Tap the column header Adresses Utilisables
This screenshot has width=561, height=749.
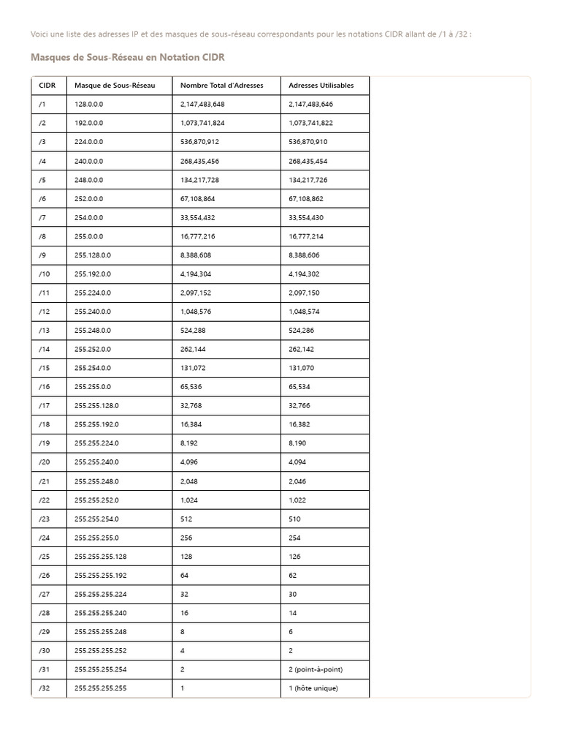(x=321, y=86)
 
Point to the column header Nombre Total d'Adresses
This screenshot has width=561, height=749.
(x=221, y=86)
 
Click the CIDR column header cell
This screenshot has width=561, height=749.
(x=47, y=86)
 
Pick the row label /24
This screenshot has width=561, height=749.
(x=45, y=538)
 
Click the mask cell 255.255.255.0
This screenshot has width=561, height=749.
(x=96, y=538)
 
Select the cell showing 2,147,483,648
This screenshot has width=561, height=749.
(x=202, y=105)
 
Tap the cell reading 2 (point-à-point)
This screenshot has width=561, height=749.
(x=316, y=669)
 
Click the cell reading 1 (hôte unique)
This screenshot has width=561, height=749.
(x=313, y=688)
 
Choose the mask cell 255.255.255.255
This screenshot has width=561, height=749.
(x=101, y=688)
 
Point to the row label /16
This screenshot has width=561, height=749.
(x=45, y=387)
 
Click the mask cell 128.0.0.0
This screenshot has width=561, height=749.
(x=89, y=105)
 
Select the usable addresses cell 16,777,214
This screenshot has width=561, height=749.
(x=306, y=236)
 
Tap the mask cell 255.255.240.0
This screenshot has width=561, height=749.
(x=96, y=462)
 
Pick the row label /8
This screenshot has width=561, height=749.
(x=43, y=236)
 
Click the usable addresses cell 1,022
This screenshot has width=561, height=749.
(x=299, y=500)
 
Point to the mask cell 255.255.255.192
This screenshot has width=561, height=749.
(x=101, y=575)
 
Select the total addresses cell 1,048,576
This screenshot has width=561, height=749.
(x=196, y=312)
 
